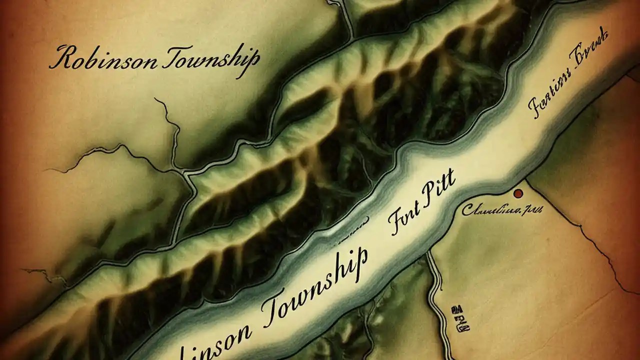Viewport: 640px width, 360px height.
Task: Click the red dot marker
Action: coord(518,193)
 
